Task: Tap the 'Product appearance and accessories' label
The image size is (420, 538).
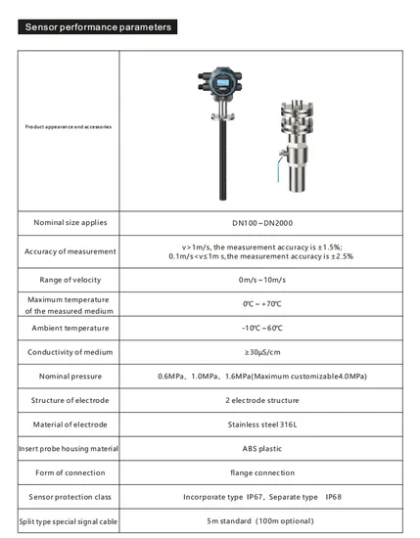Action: click(69, 127)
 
